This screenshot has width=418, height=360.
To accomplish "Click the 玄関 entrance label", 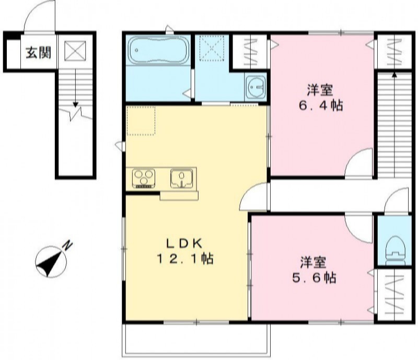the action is [x=38, y=53].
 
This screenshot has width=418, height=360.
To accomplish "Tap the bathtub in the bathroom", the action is [x=159, y=50].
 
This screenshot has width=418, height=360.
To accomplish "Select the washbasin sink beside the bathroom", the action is [x=256, y=86].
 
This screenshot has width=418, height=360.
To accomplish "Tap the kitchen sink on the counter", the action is [x=181, y=178].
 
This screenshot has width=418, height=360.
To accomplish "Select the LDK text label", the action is [x=185, y=243].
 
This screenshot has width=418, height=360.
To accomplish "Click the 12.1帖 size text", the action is [x=185, y=259].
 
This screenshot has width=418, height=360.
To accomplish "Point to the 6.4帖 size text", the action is [x=321, y=106].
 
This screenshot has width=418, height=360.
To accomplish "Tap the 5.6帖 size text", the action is [x=314, y=278].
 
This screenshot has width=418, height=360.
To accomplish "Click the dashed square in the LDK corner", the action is [x=141, y=121].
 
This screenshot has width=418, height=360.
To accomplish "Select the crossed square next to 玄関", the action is [x=75, y=51].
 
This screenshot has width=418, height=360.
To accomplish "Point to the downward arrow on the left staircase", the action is [x=75, y=88].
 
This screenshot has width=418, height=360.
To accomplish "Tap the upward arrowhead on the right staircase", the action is [x=394, y=75].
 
